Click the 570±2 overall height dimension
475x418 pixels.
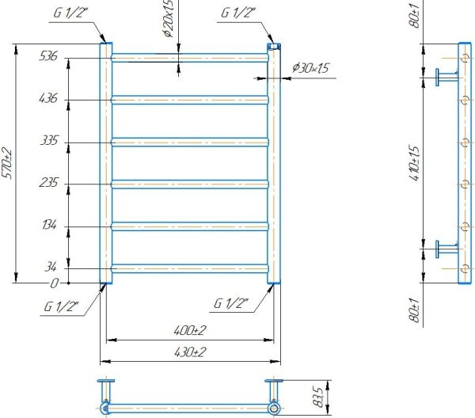7,163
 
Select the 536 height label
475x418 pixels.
48,56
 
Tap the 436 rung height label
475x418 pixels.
48,98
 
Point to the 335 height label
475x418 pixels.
49,141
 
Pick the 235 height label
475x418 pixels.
48,183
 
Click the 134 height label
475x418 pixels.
49,225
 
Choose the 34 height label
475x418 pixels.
51,267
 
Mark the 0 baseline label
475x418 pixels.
54,283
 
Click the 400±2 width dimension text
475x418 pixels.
190,330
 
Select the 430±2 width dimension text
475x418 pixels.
190,352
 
